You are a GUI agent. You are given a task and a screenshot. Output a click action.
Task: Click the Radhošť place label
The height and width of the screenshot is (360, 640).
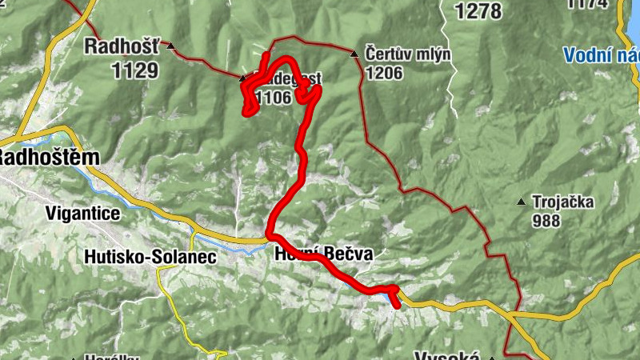(122, 46)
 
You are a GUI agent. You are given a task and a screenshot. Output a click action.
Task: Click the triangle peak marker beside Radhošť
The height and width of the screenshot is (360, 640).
(171, 46)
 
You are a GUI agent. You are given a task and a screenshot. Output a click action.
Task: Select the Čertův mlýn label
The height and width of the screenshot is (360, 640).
(408, 54)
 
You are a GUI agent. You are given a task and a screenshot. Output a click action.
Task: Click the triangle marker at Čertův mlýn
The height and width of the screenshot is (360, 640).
(354, 54)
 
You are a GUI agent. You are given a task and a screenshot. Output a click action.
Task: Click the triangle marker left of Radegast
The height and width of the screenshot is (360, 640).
(243, 78)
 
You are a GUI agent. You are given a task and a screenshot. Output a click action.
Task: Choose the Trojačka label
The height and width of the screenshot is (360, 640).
(564, 202)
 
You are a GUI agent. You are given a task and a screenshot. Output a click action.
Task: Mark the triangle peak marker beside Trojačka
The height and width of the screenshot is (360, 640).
(522, 202)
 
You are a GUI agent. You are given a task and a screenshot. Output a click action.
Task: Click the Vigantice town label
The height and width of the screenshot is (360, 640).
(83, 214)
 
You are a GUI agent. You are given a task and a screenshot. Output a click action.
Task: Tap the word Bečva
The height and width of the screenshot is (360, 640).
(349, 255)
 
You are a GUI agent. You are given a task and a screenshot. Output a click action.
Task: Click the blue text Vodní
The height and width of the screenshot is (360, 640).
(589, 55)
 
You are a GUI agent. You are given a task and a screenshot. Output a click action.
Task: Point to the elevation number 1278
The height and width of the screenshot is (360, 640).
(477, 11)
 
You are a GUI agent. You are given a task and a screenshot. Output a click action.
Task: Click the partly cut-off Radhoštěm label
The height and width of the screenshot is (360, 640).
(50, 157)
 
